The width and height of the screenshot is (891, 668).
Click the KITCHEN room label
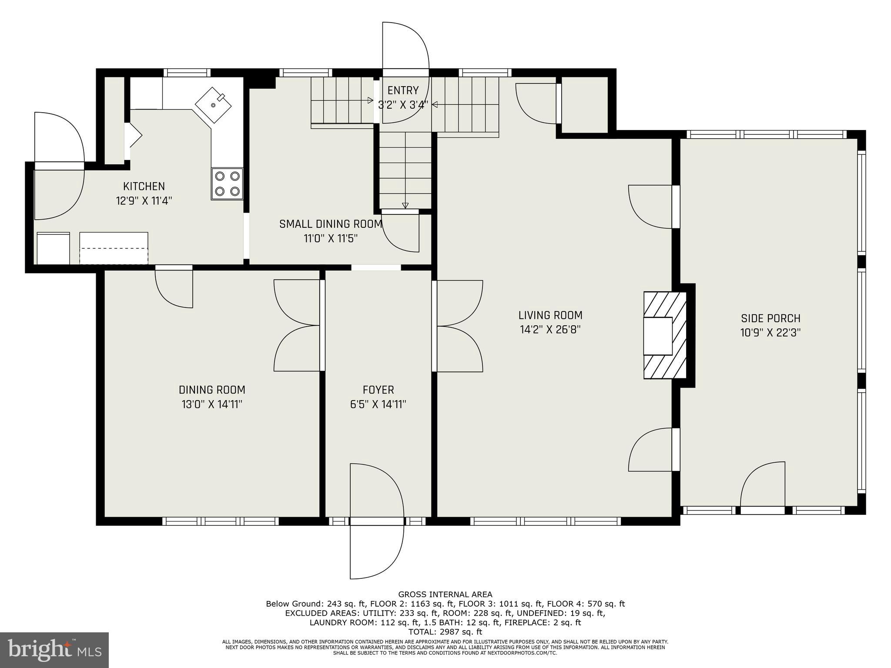[144, 187]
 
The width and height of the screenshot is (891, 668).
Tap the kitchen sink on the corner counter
[213, 105]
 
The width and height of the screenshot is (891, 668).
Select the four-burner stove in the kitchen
[227, 184]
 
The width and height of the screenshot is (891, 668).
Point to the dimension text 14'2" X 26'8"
[550, 330]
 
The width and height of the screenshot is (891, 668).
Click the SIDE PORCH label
[770, 318]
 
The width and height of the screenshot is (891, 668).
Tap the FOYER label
[378, 390]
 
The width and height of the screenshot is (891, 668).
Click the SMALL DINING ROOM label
[331, 224]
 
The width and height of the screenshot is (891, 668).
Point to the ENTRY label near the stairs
[403, 90]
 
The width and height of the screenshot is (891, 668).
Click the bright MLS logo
[54, 650]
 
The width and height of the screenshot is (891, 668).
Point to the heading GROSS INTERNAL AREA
[445, 595]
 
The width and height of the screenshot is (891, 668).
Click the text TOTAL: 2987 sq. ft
[445, 632]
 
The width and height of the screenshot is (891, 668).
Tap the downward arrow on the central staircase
[405, 205]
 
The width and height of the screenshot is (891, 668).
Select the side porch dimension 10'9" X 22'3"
[770, 333]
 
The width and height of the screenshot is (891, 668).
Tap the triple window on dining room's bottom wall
[220, 521]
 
